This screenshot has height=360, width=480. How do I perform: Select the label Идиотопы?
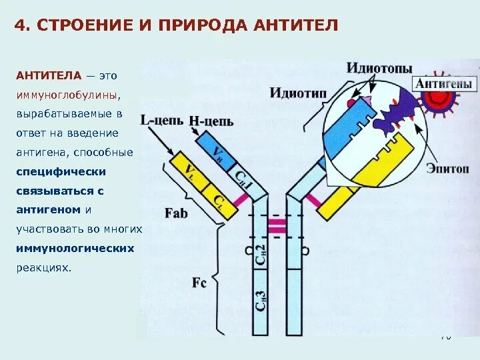tap(379, 68)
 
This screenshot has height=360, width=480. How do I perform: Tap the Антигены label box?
tap(445, 84)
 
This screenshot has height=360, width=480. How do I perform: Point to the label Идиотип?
tap(298, 92)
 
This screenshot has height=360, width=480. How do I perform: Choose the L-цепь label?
tap(163, 121)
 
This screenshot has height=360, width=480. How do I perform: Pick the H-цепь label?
tap(210, 121)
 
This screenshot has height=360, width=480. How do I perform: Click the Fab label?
tap(175, 213)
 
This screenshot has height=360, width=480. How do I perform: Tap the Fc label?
tap(199, 282)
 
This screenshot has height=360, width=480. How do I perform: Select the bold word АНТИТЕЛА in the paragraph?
tap(49, 76)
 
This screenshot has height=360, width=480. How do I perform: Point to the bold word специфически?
tap(61, 171)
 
